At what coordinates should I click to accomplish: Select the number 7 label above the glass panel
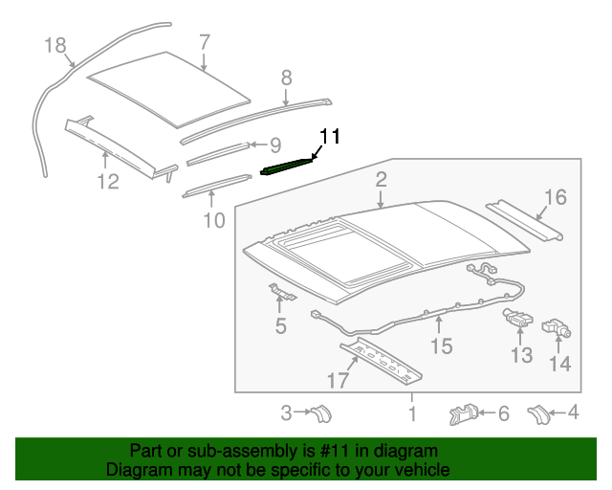(x=204, y=41)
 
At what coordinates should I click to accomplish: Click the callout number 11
(x=329, y=136)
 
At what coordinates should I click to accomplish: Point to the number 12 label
(x=110, y=181)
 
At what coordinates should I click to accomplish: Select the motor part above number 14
(x=556, y=328)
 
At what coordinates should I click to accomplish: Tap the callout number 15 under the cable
(x=440, y=345)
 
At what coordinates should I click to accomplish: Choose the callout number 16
(x=556, y=198)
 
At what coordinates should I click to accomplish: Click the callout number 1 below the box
(x=412, y=413)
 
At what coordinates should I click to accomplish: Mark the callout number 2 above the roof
(x=381, y=179)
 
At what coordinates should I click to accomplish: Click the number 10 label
(x=213, y=221)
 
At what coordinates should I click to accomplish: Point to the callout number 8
(x=285, y=78)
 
